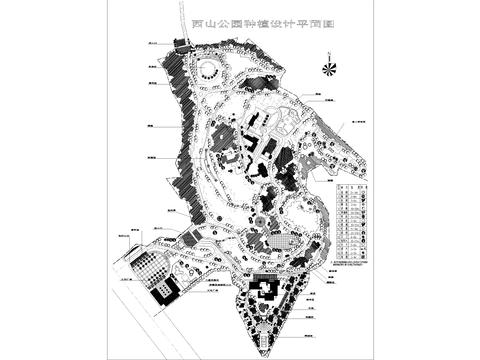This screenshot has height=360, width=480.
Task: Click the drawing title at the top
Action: pos(239,23)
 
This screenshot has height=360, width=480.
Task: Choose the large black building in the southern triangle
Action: pos(266,291)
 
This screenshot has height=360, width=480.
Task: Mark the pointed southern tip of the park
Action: pos(263,351)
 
